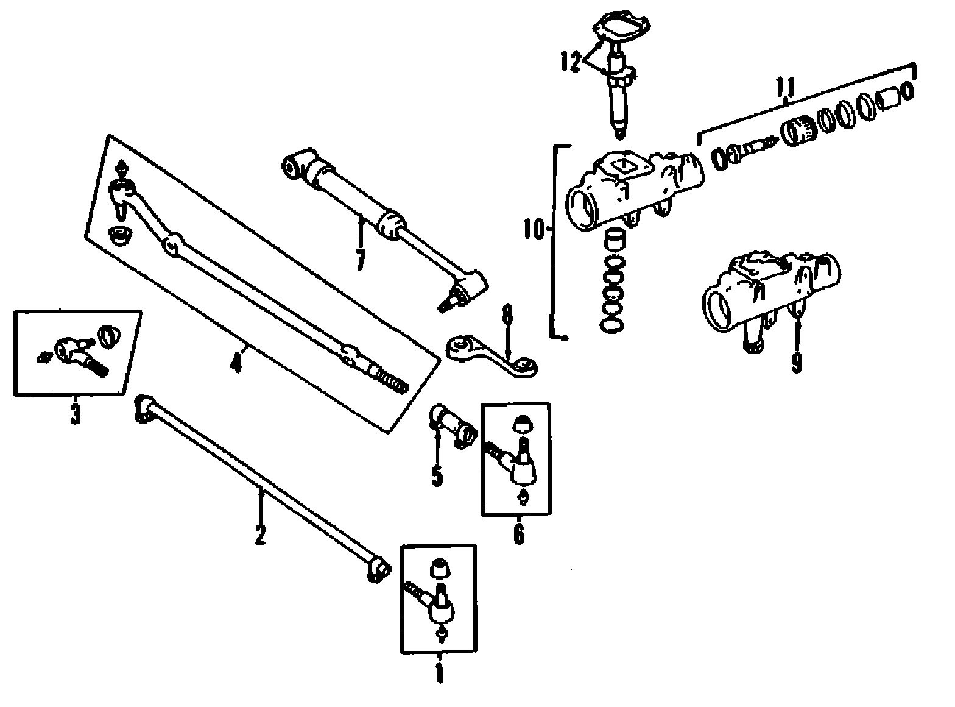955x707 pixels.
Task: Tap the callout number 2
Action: [260, 534]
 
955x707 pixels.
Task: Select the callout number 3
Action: [74, 412]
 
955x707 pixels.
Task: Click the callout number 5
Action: [437, 475]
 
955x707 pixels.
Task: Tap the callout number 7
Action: [361, 259]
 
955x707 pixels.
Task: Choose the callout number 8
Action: [508, 316]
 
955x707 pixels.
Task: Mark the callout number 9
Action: [797, 362]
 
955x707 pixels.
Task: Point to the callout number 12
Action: [571, 62]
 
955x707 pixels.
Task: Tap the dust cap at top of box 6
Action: [523, 425]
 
